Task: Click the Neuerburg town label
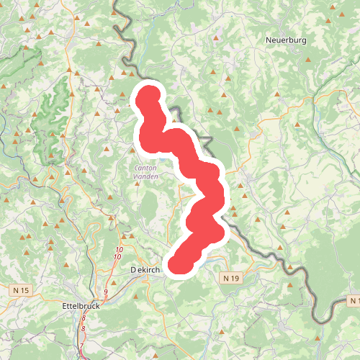coord(285,40)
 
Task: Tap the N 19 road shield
coord(230,277)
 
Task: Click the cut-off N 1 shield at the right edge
coord(354,299)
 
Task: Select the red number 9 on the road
coord(105,291)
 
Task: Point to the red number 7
coord(81,346)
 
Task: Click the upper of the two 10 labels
coord(119,250)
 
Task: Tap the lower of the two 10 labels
coord(117,257)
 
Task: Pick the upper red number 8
coord(84,318)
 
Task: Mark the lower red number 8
coord(83,328)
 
